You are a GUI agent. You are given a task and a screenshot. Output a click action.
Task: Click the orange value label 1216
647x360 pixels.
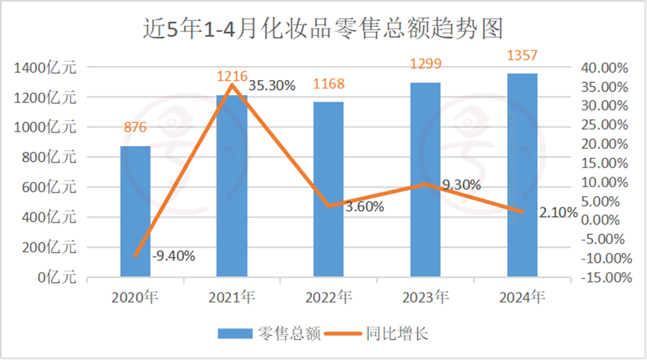pyautogui.click(x=231, y=76)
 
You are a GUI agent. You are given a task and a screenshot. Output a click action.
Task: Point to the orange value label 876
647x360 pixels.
pyautogui.click(x=135, y=127)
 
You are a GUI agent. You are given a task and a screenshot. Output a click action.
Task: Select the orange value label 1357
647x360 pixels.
pyautogui.click(x=522, y=55)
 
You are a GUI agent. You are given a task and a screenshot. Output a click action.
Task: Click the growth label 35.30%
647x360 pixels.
pyautogui.click(x=274, y=86)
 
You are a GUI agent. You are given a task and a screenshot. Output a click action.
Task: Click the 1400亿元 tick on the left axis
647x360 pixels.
pyautogui.click(x=45, y=67)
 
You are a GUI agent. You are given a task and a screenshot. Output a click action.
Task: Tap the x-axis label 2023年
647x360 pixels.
pyautogui.click(x=426, y=297)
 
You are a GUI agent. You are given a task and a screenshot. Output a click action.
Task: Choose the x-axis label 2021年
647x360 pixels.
pyautogui.click(x=232, y=297)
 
